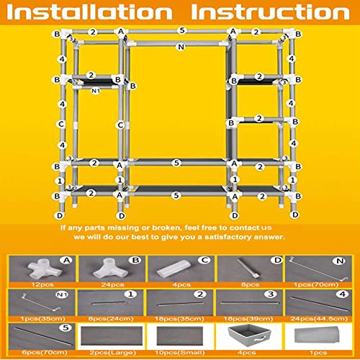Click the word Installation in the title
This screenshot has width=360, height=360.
[x=90, y=14]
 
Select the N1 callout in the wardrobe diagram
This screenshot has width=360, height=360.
[x=95, y=91]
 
